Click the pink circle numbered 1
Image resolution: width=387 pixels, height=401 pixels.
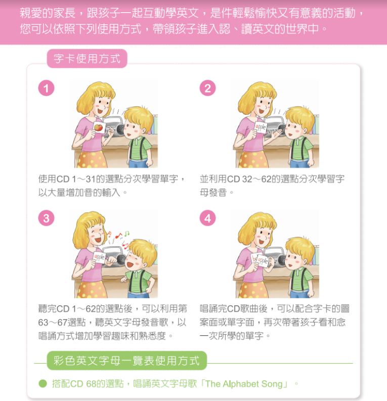(x=46, y=88)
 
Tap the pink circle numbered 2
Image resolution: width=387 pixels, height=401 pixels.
(x=208, y=88)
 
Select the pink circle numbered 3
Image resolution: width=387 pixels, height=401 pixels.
(x=46, y=218)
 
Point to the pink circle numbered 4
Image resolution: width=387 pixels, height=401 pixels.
(x=208, y=218)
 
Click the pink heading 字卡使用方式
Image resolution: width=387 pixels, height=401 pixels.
(x=87, y=59)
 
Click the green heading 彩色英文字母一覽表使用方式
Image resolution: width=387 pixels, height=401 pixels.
(x=126, y=361)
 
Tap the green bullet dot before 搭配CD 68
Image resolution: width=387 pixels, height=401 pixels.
(x=43, y=384)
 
